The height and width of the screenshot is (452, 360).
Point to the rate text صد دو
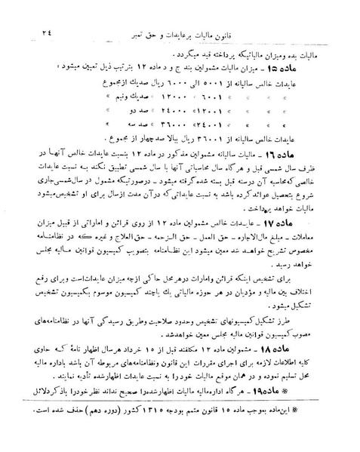point(147,114)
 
